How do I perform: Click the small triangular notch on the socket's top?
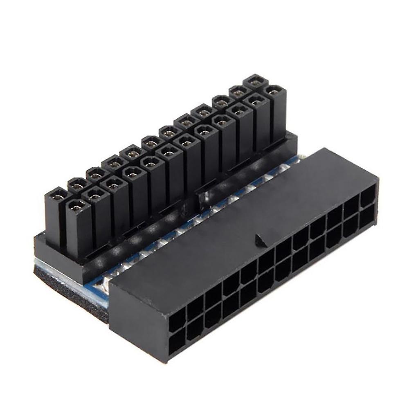pyautogui.click(x=258, y=241)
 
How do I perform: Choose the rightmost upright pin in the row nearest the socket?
pyautogui.click(x=274, y=110)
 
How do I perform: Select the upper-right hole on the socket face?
pyautogui.click(x=368, y=200)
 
